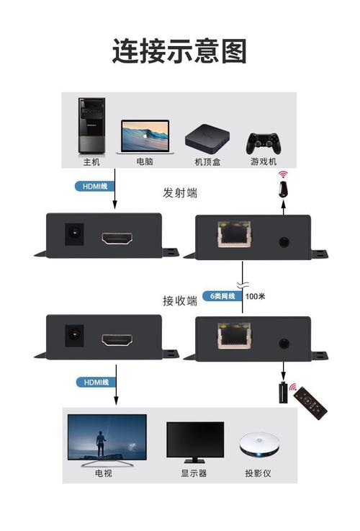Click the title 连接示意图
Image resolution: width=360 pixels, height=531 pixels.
coord(179,51)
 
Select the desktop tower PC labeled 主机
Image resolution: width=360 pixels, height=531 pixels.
coord(91,125)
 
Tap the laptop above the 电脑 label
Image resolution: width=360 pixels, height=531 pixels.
coord(145,137)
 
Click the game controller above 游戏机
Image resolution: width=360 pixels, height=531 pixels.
coord(264,143)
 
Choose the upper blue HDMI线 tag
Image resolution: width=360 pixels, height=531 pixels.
coord(95,187)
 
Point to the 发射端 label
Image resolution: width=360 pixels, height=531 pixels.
coord(180,193)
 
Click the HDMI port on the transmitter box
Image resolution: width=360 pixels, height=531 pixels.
coord(117,238)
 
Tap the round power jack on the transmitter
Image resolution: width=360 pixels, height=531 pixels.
coord(74,234)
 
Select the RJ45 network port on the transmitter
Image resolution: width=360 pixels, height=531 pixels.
coord(235,234)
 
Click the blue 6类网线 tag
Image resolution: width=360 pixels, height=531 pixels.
coord(222,296)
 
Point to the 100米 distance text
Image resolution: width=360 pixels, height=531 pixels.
coord(255,296)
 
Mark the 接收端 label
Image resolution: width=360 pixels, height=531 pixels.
coord(180,300)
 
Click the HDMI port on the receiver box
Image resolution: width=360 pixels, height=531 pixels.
coord(117,340)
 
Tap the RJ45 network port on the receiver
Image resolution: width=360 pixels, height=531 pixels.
coord(235,336)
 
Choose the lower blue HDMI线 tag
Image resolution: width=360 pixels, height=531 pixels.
coord(96,383)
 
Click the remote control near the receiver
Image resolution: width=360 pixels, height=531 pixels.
coord(310,403)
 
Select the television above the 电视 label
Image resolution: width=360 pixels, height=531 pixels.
coord(107,439)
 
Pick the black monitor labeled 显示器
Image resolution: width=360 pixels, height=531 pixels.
coord(195,442)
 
